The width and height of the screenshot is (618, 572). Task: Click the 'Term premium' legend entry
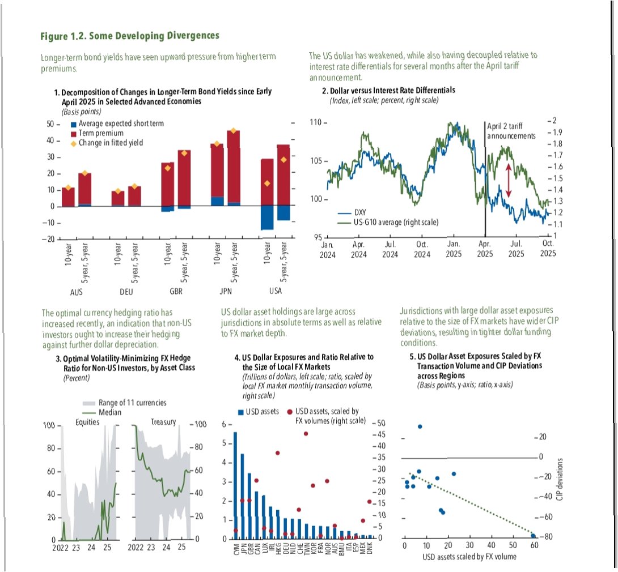[101, 133]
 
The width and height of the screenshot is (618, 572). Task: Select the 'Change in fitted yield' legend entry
[111, 143]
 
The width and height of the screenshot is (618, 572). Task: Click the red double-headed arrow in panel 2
[509, 181]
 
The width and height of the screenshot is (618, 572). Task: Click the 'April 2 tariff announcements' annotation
[511, 132]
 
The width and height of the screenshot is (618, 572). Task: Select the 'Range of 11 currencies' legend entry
[132, 403]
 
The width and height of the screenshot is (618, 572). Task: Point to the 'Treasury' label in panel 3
[163, 422]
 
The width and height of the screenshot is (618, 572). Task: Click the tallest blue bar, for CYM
[235, 485]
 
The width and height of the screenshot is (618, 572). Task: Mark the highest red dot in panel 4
[306, 434]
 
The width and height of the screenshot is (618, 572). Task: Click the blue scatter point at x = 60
[533, 535]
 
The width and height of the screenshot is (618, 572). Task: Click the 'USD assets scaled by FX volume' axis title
[468, 557]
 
